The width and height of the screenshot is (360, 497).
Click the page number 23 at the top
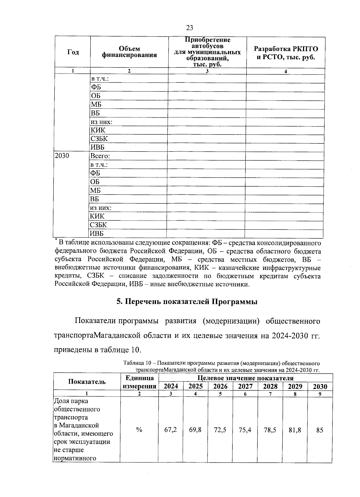(x=189, y=28)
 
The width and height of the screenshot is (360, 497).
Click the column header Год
(x=73, y=52)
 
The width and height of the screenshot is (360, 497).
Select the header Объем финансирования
(x=129, y=52)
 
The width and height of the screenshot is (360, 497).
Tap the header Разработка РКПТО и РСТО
(x=286, y=53)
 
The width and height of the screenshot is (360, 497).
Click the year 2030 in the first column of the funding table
(x=62, y=156)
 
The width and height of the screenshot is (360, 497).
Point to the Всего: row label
(x=100, y=156)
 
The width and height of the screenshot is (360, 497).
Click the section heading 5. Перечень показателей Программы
(x=187, y=302)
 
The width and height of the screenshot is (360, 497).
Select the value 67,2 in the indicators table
(x=170, y=430)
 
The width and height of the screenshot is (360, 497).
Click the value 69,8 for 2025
(x=195, y=430)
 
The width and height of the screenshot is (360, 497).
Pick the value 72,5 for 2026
(x=220, y=430)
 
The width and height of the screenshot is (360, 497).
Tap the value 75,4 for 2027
(x=245, y=430)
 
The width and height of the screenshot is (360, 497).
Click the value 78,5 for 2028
(x=270, y=430)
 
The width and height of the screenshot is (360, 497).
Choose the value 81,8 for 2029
(x=295, y=430)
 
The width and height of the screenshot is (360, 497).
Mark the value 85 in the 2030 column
(x=320, y=430)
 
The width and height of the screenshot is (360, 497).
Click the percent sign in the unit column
(x=139, y=430)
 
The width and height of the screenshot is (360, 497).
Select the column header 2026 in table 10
(x=220, y=386)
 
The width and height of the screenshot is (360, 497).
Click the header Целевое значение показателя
(x=245, y=378)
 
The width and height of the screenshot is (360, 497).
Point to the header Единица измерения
(x=139, y=382)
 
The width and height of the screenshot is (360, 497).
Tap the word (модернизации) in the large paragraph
(x=231, y=321)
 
